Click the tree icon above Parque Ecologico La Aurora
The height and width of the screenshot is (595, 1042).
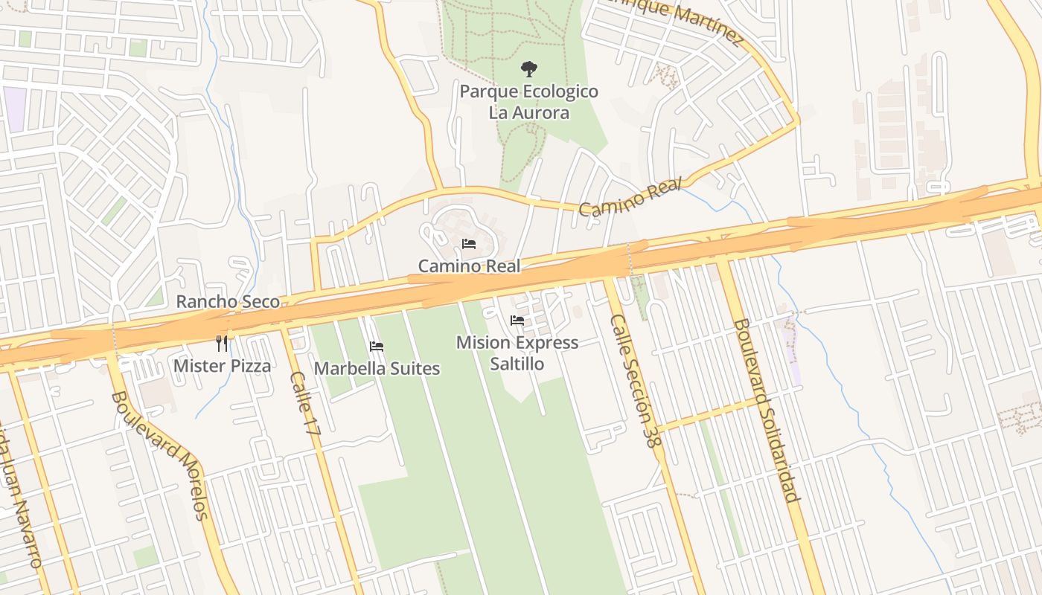[528, 69]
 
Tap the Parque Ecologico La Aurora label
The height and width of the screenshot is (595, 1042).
[528, 102]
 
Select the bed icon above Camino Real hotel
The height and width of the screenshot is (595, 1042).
[469, 244]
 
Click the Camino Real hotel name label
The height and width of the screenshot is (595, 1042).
[469, 266]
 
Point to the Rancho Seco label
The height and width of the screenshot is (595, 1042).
[228, 301]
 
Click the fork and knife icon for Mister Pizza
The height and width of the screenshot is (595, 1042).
[222, 343]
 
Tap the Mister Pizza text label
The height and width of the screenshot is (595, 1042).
[222, 365]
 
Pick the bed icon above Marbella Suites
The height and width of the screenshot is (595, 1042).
[377, 347]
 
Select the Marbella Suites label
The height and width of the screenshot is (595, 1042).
[377, 368]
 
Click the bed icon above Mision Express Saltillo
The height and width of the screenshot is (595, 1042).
[517, 321]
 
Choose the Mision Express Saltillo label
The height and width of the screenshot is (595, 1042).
[517, 353]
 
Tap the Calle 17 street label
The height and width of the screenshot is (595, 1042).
[305, 403]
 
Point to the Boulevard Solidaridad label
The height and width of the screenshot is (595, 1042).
[766, 410]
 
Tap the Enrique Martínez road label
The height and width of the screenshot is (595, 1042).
[677, 21]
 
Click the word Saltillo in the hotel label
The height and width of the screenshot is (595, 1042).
[517, 364]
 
